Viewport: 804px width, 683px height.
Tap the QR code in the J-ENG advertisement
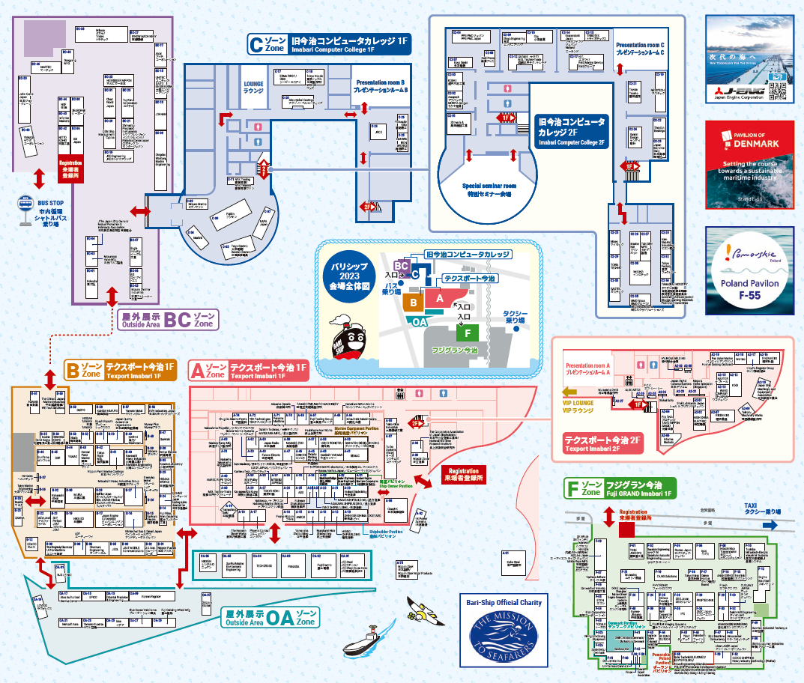[779, 88]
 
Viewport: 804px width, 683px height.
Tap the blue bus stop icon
[23, 203]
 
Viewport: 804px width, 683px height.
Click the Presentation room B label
[381, 85]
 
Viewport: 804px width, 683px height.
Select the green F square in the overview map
[467, 332]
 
